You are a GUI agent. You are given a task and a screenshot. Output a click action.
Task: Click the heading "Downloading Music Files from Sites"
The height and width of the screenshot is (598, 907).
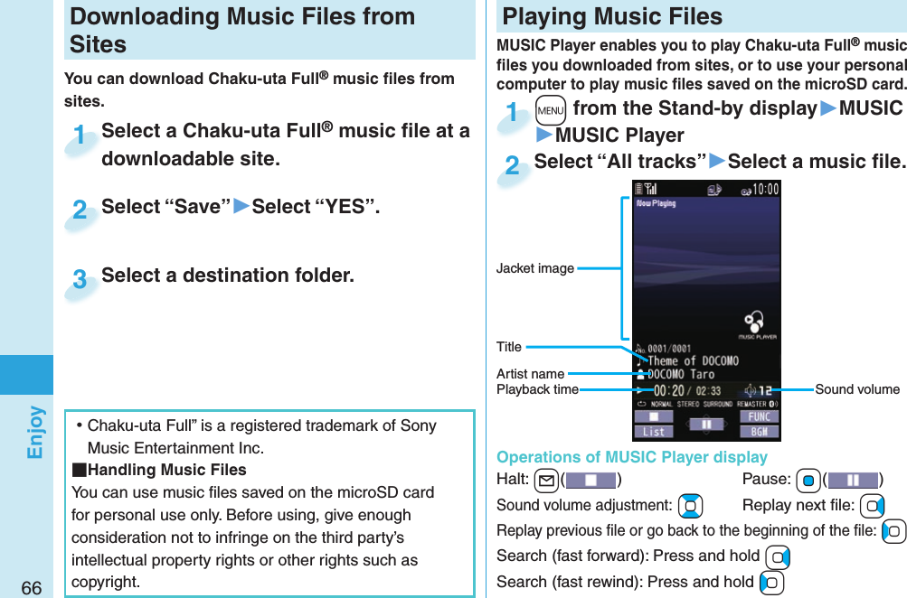click(x=242, y=30)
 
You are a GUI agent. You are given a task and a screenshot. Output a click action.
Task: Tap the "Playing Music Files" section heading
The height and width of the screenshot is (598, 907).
click(x=612, y=16)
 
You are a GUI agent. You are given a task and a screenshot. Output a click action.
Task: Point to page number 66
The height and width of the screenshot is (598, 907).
click(x=32, y=588)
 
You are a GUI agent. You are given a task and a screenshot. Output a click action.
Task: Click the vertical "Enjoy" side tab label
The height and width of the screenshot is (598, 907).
click(x=34, y=432)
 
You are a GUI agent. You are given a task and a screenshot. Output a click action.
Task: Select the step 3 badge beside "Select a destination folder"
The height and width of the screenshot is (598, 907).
click(x=80, y=279)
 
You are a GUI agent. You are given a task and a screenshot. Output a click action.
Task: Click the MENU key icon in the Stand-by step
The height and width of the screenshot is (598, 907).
click(x=549, y=110)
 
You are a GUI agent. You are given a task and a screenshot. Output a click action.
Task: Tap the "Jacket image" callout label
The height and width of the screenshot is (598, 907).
click(x=534, y=268)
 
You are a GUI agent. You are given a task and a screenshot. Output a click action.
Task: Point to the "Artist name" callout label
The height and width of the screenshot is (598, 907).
click(x=530, y=374)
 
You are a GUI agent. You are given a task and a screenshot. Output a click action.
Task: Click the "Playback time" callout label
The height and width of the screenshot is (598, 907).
click(x=537, y=389)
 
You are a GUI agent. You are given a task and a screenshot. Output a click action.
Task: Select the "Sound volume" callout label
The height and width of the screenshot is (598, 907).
click(x=856, y=389)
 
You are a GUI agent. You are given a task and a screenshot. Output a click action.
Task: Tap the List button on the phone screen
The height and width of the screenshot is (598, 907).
click(x=654, y=432)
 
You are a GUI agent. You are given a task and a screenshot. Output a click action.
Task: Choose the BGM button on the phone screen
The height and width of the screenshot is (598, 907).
click(x=759, y=432)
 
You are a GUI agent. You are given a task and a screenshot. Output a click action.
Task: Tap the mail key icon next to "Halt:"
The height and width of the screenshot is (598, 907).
click(x=544, y=479)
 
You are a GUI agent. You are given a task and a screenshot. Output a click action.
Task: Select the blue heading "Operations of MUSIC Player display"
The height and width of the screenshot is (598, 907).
click(x=631, y=457)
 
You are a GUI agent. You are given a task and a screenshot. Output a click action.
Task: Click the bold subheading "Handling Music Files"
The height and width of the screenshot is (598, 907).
click(x=165, y=470)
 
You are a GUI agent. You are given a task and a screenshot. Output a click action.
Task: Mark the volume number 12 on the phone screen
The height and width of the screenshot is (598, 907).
click(x=764, y=389)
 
